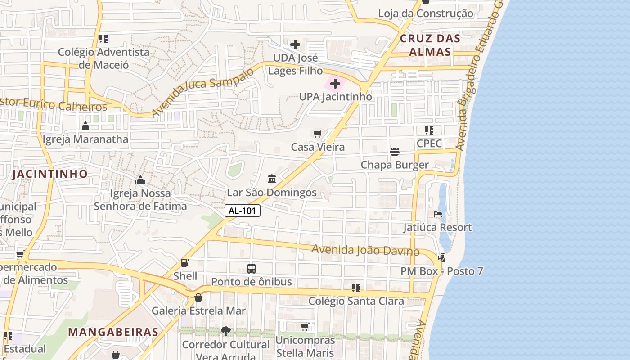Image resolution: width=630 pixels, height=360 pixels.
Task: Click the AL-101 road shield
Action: pos(243,211)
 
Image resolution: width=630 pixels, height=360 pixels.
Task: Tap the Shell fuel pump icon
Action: pos(185,263)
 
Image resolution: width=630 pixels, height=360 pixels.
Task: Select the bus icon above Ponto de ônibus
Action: pos(252,269)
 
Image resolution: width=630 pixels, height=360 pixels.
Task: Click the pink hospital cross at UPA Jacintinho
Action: pos(335,84)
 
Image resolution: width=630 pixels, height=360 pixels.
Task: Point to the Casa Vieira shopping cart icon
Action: pos(317,134)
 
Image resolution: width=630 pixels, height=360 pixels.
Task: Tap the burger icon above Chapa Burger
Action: pos(395,152)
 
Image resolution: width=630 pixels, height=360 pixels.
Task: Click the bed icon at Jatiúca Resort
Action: pos(437,214)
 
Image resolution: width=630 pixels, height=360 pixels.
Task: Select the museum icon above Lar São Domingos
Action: pos(272,180)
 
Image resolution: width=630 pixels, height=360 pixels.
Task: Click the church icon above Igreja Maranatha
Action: pos(85,126)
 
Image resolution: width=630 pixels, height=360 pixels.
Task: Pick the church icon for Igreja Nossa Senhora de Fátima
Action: pos(140,180)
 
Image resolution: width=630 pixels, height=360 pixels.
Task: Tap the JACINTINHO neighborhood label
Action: pos(50,174)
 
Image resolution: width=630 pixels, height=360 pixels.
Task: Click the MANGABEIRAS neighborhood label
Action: pos(113,333)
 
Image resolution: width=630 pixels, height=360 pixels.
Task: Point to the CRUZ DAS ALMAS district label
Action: pos(430,45)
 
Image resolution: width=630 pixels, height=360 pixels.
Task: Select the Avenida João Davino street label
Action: pos(365,250)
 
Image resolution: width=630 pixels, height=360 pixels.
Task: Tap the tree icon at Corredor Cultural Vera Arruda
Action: pos(225,331)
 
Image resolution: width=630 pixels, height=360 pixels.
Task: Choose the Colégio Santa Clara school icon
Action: pos(356,288)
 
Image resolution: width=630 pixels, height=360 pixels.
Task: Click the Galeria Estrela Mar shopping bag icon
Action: pos(198,297)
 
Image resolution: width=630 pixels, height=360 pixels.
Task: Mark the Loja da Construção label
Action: pos(425,13)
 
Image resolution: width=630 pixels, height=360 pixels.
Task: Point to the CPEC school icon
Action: pos(429,130)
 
